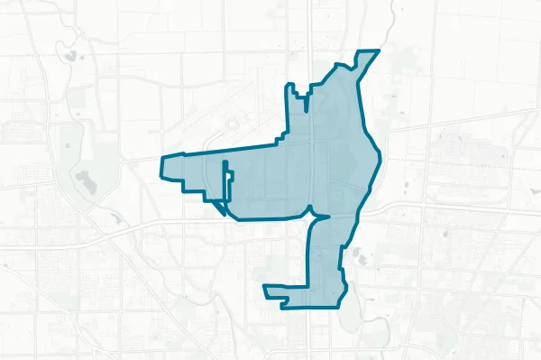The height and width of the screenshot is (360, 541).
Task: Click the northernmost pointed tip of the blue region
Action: click(378, 51)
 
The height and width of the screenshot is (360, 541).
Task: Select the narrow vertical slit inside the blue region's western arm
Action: click(225, 180)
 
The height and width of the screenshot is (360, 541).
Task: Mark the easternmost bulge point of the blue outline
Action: click(376, 167)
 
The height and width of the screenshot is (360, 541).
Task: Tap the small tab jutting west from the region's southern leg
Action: click(266, 290)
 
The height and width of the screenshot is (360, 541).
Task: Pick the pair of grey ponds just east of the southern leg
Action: click(358, 255)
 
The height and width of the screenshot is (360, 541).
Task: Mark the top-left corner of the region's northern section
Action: click(288, 85)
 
